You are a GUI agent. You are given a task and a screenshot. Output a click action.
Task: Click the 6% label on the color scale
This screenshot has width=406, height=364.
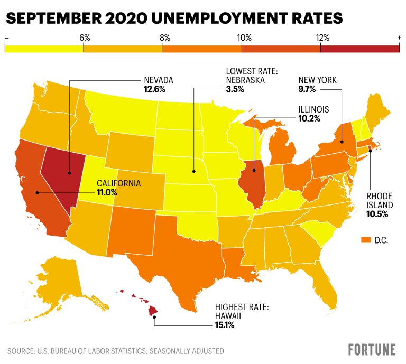pos(84,38)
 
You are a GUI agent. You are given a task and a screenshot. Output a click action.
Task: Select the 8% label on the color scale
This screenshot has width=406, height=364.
pos(163,38)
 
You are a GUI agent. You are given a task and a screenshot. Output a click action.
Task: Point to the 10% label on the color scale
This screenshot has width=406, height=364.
pos(243,38)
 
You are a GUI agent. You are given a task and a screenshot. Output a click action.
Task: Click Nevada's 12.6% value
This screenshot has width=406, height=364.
pos(154,89)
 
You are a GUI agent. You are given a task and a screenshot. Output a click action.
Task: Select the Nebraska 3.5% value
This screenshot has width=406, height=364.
pos(235,89)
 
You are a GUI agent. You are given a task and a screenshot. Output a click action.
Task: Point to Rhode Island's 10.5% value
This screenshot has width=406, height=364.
pos(377,214)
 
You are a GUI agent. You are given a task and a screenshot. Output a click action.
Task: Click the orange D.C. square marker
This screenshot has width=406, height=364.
pos(364,240)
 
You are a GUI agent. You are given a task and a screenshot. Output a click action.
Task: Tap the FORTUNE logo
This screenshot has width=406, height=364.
pos(372,349)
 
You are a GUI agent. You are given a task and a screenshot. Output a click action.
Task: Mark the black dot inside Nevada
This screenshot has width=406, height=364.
pos(69,172)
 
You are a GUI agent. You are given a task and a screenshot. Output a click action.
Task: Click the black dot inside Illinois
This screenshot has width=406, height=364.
pos(254,170)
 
